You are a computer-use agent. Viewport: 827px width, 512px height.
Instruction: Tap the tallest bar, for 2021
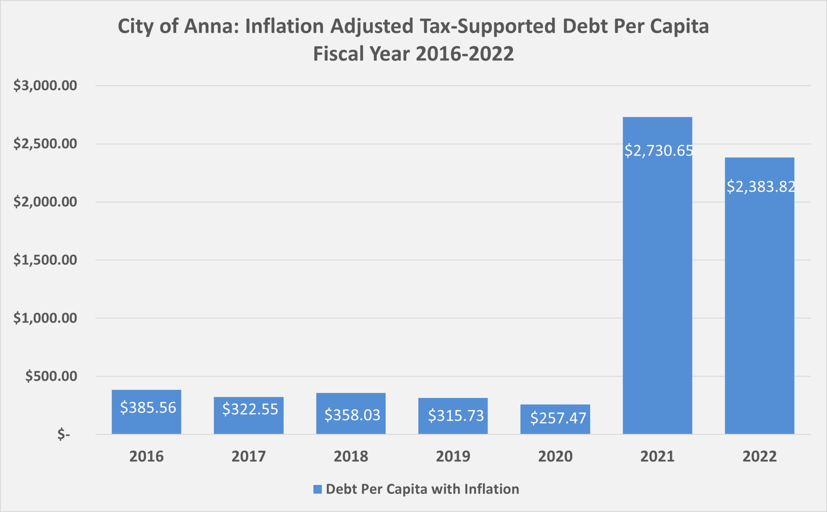pos(657,288)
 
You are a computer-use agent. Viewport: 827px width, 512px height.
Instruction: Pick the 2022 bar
pos(759,305)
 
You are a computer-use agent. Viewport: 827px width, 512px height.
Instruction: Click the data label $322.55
pos(250,409)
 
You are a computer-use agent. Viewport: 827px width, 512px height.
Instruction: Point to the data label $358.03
pos(352,415)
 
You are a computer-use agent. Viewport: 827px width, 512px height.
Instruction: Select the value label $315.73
pos(456,415)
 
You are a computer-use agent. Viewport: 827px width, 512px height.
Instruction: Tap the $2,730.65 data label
pos(658,150)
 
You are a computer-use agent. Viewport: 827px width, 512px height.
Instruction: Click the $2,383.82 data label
pos(761,187)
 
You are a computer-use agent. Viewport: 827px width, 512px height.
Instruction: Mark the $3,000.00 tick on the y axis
pos(45,85)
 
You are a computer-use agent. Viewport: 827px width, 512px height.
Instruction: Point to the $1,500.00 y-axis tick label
pos(45,260)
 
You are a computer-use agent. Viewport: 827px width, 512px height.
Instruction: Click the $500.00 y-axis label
pos(51,376)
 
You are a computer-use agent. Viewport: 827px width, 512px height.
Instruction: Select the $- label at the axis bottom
pos(64,434)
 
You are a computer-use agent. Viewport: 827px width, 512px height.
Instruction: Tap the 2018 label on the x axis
pos(351,456)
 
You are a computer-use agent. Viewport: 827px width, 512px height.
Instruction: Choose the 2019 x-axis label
pos(453,456)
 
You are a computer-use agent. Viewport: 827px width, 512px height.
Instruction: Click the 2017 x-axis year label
pos(248,456)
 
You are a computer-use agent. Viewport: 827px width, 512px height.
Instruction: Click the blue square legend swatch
pos(317,489)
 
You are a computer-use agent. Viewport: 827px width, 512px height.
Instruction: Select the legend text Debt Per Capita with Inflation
pos(422,489)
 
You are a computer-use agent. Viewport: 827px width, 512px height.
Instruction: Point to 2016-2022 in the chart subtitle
pos(464,54)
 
